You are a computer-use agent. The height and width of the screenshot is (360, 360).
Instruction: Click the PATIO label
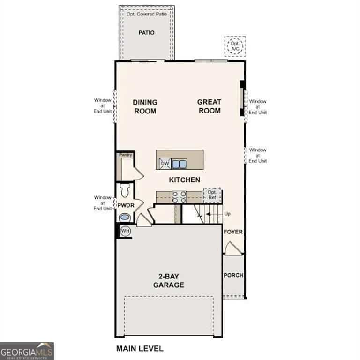146,33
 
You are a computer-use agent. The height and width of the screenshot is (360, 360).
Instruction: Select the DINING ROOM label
145,106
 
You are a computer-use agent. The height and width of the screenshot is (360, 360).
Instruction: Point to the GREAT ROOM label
210,106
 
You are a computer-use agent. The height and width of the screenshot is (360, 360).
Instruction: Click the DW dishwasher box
165,164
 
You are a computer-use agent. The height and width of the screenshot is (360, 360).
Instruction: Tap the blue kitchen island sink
180,164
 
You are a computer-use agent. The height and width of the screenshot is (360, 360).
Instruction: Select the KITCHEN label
185,180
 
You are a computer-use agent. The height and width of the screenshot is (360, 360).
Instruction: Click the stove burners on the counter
179,197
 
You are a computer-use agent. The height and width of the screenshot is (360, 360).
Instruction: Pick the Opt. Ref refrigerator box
212,195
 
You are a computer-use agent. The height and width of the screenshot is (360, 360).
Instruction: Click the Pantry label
125,155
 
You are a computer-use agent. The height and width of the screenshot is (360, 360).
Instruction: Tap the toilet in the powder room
125,191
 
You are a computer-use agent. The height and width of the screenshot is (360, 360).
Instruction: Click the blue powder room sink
125,217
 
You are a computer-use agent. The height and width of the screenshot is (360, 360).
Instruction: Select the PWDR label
126,205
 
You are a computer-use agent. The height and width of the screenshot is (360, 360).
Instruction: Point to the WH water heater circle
125,231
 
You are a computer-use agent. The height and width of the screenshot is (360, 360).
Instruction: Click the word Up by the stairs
227,214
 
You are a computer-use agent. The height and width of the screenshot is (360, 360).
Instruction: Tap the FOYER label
233,232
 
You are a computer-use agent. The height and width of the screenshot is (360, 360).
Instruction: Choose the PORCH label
233,275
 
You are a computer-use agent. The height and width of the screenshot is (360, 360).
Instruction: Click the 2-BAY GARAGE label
169,281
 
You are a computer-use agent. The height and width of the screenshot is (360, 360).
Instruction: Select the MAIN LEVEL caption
140,349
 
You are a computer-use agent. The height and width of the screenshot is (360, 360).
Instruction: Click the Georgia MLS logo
27,351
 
